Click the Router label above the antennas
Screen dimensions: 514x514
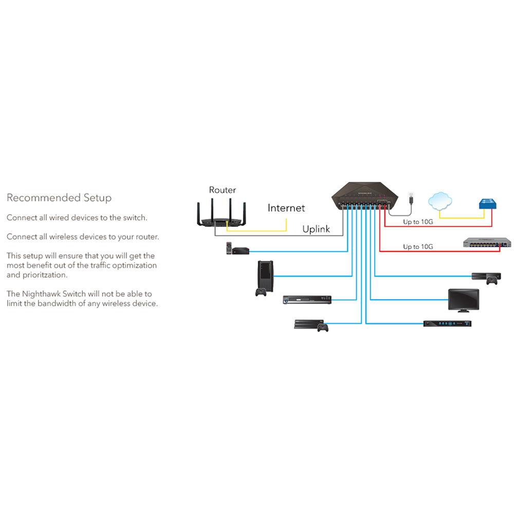click(x=222, y=190)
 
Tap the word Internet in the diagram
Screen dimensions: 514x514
click(x=286, y=208)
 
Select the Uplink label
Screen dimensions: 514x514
click(x=316, y=229)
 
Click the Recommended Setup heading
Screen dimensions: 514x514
click(x=59, y=198)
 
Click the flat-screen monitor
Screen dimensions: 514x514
click(x=463, y=299)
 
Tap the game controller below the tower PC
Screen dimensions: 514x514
click(x=261, y=292)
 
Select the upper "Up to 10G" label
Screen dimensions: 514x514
click(x=417, y=223)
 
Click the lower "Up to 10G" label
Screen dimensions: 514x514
click(x=417, y=247)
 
